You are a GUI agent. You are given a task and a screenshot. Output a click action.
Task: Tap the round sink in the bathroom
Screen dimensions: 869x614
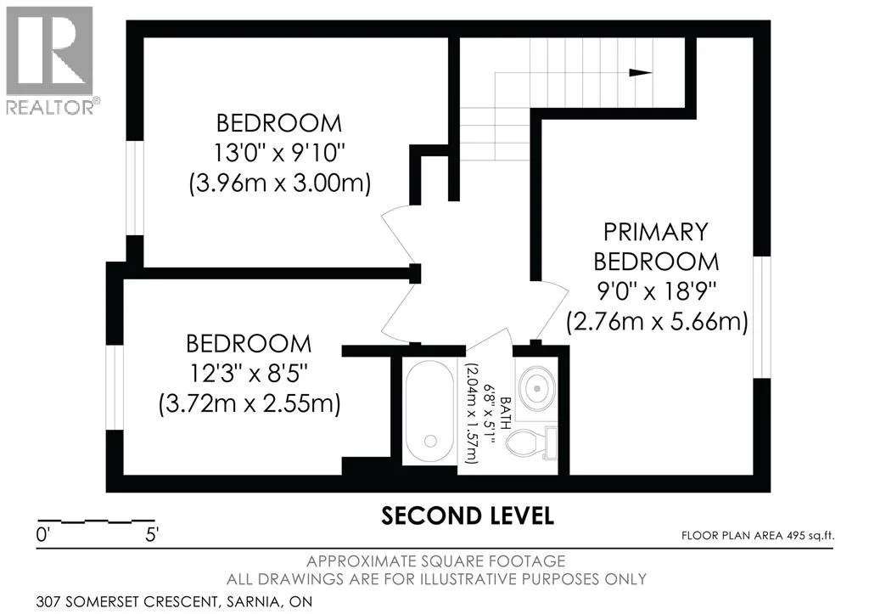point(537,387)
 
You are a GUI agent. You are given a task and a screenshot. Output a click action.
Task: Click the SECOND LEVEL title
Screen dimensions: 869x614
point(468,515)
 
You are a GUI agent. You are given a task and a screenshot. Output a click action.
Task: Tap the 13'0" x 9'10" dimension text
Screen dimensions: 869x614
point(278,153)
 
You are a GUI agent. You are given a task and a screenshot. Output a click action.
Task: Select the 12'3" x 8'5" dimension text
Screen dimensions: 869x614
point(249,374)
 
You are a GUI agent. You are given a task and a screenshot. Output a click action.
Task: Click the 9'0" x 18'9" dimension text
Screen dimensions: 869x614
point(656,290)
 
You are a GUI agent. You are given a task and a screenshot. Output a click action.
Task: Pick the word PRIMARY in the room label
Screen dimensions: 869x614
point(656,232)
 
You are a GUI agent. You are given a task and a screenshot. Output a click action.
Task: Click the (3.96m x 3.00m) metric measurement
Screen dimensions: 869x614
point(279,183)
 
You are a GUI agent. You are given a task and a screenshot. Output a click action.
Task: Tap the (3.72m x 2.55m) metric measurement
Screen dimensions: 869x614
point(249,403)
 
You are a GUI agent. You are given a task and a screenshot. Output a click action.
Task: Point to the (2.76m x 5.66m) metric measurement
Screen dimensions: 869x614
point(657,321)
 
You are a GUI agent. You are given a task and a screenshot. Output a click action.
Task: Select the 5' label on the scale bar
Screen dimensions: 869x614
point(152,535)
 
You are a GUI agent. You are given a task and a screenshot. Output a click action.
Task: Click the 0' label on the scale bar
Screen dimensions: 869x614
point(43,535)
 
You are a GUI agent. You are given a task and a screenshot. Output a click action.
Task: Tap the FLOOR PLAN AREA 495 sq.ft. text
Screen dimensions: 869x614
point(758,536)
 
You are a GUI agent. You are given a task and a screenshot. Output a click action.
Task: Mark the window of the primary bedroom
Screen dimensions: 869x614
point(762,317)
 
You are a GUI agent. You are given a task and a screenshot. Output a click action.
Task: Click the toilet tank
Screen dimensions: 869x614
point(550,443)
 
